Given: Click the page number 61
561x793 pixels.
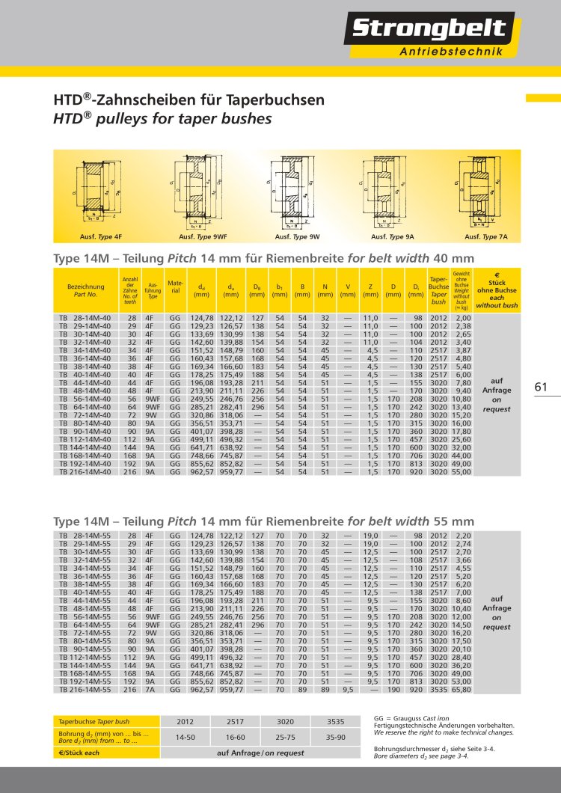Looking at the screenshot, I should point(542,387).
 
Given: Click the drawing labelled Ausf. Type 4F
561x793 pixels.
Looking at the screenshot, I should point(101,192).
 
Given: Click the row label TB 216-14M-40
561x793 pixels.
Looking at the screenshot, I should point(85,474).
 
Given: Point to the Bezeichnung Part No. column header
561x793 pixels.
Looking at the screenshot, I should point(85,290).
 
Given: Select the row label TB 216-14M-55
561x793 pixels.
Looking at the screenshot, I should point(85,691).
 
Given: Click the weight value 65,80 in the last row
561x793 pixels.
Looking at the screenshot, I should point(461,691).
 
